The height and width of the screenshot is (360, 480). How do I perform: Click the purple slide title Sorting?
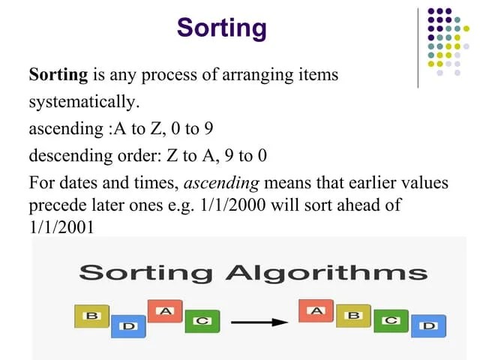pos(221,28)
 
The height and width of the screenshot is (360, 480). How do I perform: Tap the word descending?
pos(63,156)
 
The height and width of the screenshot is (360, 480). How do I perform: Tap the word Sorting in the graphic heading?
pos(149,272)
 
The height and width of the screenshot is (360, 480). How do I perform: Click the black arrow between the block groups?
pos(258,322)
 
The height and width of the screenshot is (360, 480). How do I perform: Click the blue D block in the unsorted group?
pos(128,326)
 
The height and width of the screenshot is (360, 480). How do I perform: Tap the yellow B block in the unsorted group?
pos(92,316)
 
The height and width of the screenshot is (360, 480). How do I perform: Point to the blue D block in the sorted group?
pos(428,326)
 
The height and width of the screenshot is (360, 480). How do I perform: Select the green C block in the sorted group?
pos(391,320)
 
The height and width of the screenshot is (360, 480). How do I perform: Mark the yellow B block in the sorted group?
pos(353,316)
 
